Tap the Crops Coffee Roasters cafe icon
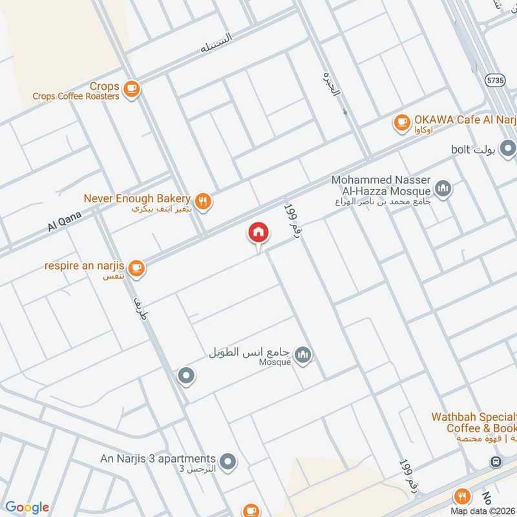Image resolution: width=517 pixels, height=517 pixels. coord(131,89)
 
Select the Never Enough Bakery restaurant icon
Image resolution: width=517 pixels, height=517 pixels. coord(203,202)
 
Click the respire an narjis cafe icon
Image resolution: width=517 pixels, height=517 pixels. coord(136,268)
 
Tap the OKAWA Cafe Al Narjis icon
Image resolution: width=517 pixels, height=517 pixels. coord(402,121)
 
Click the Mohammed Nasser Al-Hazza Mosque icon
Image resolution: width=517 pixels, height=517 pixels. coord(443,189)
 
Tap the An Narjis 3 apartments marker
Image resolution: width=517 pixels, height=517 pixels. coord(227,461)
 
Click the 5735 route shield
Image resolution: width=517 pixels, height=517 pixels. coord(495,79)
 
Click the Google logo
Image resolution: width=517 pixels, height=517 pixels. coord(27,507)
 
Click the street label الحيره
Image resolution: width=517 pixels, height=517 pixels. coord(331,91)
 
